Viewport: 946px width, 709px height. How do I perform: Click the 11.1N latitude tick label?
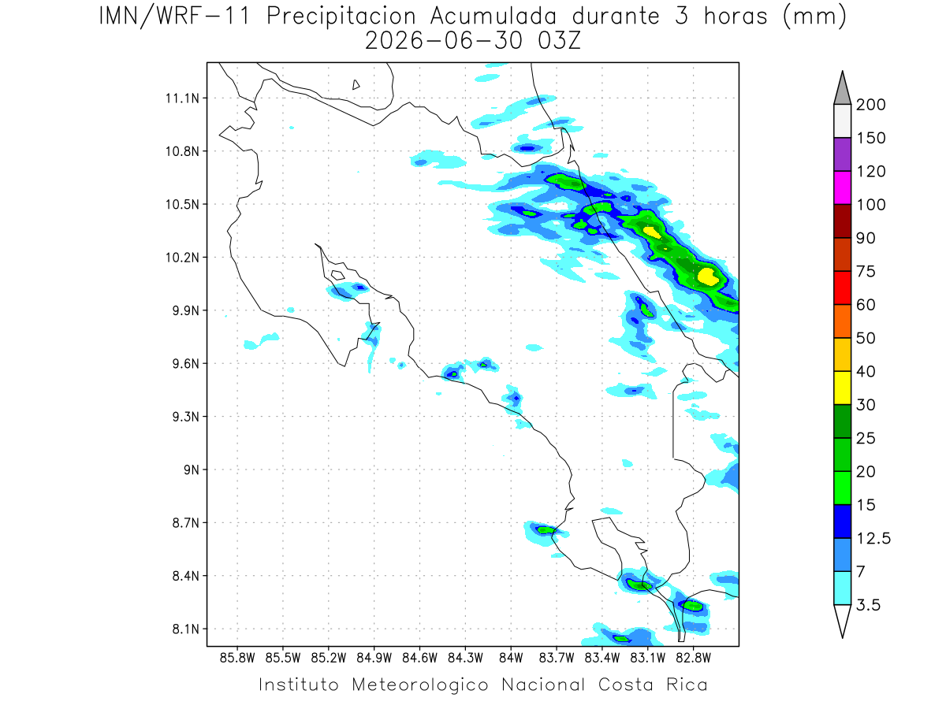(182, 98)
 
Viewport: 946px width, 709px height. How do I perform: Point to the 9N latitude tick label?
(191, 470)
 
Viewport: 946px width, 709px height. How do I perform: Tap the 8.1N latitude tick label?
(186, 629)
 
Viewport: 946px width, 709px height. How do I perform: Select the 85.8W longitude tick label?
(237, 659)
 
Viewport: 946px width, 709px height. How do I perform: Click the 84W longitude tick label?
(511, 659)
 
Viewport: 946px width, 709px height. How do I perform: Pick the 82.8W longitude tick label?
(693, 659)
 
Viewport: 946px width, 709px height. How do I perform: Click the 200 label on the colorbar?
(870, 105)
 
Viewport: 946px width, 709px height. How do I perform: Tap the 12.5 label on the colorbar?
(873, 538)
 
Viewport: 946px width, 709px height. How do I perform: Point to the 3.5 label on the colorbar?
(868, 605)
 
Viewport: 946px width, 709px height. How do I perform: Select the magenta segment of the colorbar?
(842, 187)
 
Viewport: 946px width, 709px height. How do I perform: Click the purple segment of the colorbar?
(842, 154)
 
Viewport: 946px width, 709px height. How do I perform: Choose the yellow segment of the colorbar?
(842, 388)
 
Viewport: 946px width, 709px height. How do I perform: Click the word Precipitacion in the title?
(341, 17)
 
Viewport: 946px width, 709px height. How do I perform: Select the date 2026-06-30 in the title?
(444, 41)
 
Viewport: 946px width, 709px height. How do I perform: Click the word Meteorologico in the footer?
(419, 685)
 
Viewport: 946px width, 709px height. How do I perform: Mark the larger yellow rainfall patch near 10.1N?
(708, 277)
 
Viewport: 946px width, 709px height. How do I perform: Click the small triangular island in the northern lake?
(356, 85)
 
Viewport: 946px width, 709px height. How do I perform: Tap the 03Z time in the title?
(559, 41)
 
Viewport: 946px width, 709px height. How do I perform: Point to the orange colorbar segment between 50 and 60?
(842, 321)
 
